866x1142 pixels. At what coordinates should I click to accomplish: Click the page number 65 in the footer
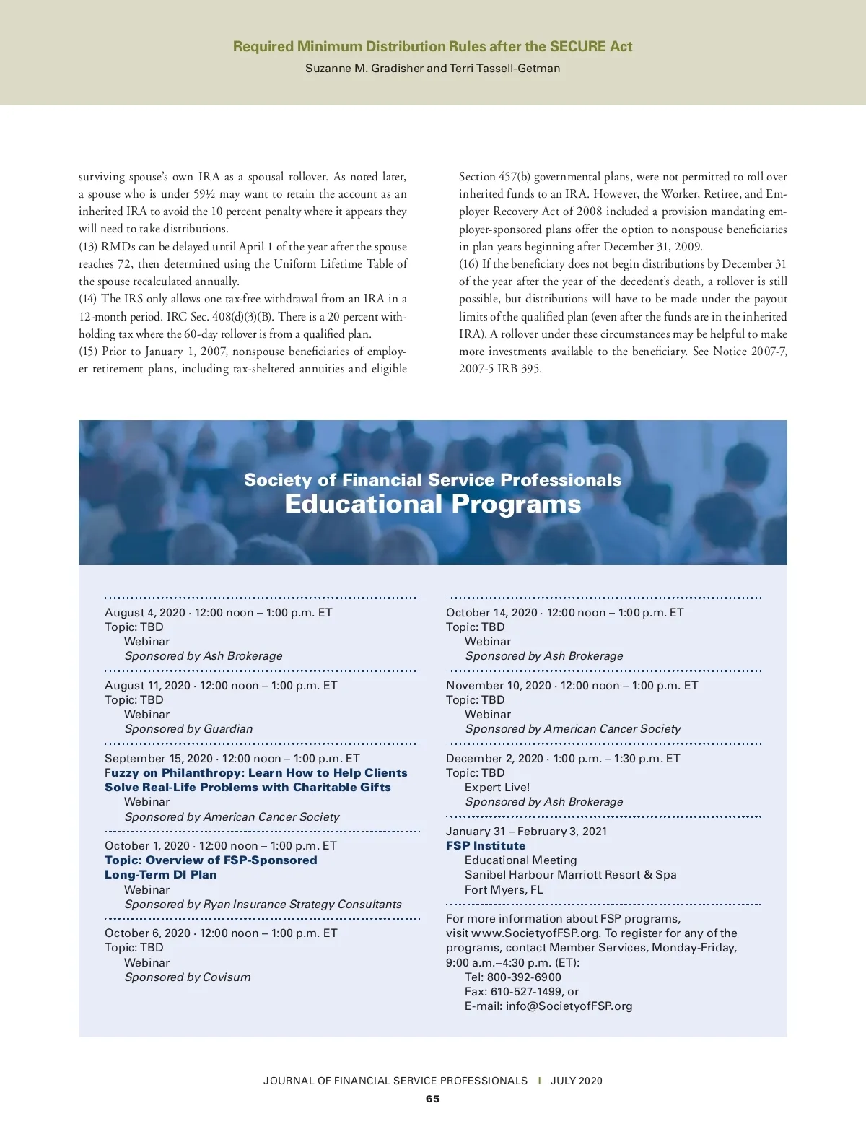(x=432, y=1099)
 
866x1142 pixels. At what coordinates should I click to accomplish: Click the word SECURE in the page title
(x=577, y=47)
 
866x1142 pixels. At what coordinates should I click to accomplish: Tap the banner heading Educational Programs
(x=432, y=504)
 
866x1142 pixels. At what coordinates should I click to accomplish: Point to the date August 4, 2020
(x=145, y=613)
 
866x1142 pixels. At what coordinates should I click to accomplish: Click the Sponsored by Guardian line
(x=188, y=729)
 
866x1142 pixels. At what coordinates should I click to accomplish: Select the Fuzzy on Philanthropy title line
(x=256, y=773)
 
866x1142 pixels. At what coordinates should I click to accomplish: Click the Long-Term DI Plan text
(x=160, y=875)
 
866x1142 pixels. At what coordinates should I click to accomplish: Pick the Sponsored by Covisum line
(x=188, y=977)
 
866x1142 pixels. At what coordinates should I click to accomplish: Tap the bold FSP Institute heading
(x=486, y=846)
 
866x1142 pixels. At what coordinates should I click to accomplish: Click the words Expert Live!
(x=497, y=788)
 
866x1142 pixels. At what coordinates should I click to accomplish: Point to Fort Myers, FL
(x=504, y=890)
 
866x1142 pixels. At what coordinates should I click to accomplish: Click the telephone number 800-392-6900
(x=524, y=977)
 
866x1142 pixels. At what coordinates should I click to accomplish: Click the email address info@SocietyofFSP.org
(x=569, y=1006)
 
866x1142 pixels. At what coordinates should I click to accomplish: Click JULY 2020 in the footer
(x=576, y=1081)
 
